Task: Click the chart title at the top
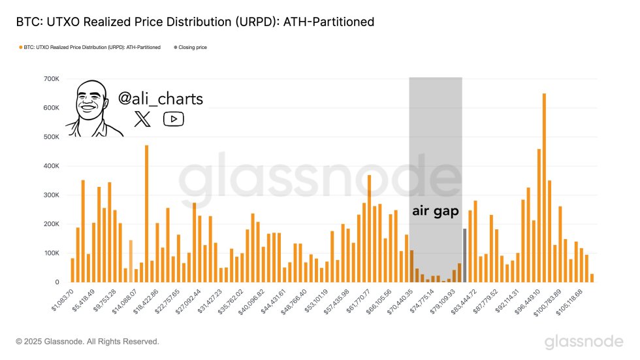point(195,22)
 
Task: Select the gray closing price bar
point(464,255)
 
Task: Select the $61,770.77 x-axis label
point(357,301)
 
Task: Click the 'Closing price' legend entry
point(192,47)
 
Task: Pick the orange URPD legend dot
point(21,47)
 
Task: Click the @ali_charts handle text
point(160,99)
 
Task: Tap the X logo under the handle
point(142,118)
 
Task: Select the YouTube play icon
point(173,118)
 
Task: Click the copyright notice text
point(88,341)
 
